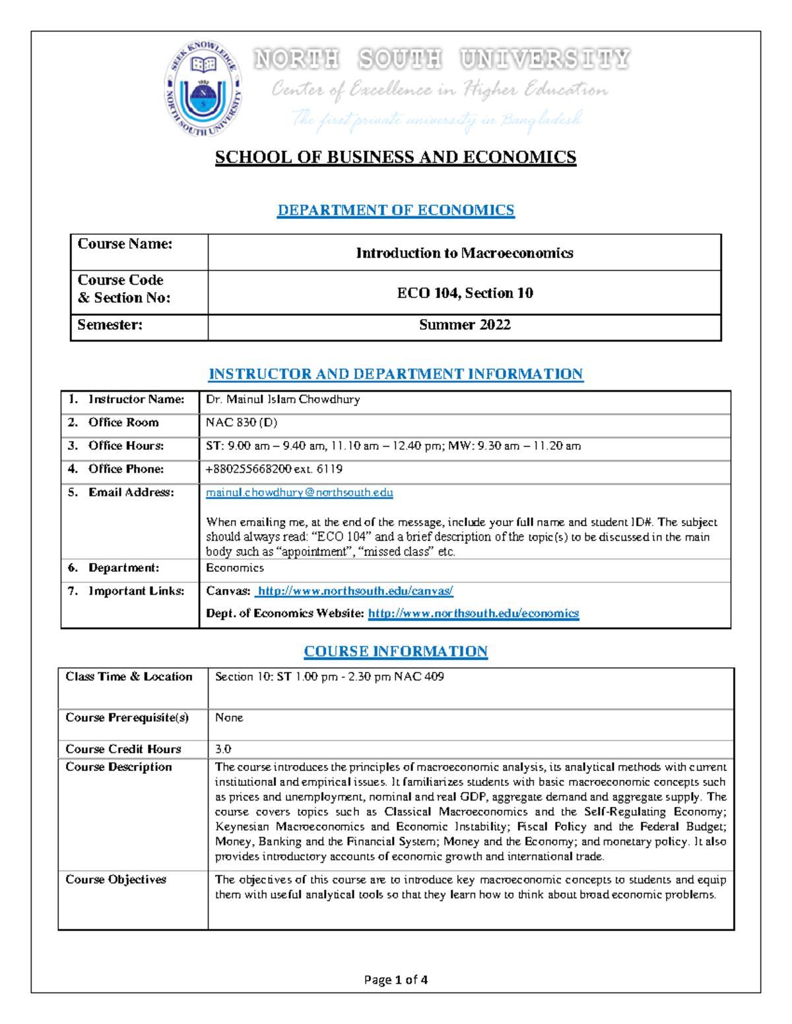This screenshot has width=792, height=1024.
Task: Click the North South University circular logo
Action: pyautogui.click(x=203, y=88)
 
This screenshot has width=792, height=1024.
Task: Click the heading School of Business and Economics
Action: pyautogui.click(x=395, y=158)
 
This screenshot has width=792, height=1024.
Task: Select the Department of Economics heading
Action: pyautogui.click(x=395, y=210)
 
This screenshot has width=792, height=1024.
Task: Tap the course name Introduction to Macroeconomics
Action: pyautogui.click(x=464, y=253)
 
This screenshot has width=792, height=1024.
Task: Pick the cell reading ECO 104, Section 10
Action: pyautogui.click(x=465, y=293)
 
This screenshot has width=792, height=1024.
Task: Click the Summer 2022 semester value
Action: pyautogui.click(x=465, y=325)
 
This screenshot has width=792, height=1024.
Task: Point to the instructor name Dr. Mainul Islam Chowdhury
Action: pyautogui.click(x=282, y=400)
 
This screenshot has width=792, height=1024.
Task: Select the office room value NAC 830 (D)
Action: pyautogui.click(x=242, y=423)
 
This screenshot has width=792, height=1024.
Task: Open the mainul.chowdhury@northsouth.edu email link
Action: pyautogui.click(x=299, y=493)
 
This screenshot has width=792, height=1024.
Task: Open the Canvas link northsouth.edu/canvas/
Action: pyautogui.click(x=354, y=591)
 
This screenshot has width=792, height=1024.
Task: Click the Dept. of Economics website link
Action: pyautogui.click(x=473, y=613)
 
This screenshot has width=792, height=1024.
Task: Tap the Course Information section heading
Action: pyautogui.click(x=395, y=651)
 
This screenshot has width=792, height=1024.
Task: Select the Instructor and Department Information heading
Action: pyautogui.click(x=395, y=375)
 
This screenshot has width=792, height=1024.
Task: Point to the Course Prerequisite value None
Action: pyautogui.click(x=229, y=717)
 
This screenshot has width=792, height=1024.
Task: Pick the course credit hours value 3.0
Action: pyautogui.click(x=223, y=749)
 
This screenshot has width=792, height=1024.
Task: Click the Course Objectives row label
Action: pyautogui.click(x=115, y=880)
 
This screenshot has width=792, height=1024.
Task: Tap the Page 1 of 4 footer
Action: pyautogui.click(x=395, y=980)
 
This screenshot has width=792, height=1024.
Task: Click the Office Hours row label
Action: pyautogui.click(x=125, y=446)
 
